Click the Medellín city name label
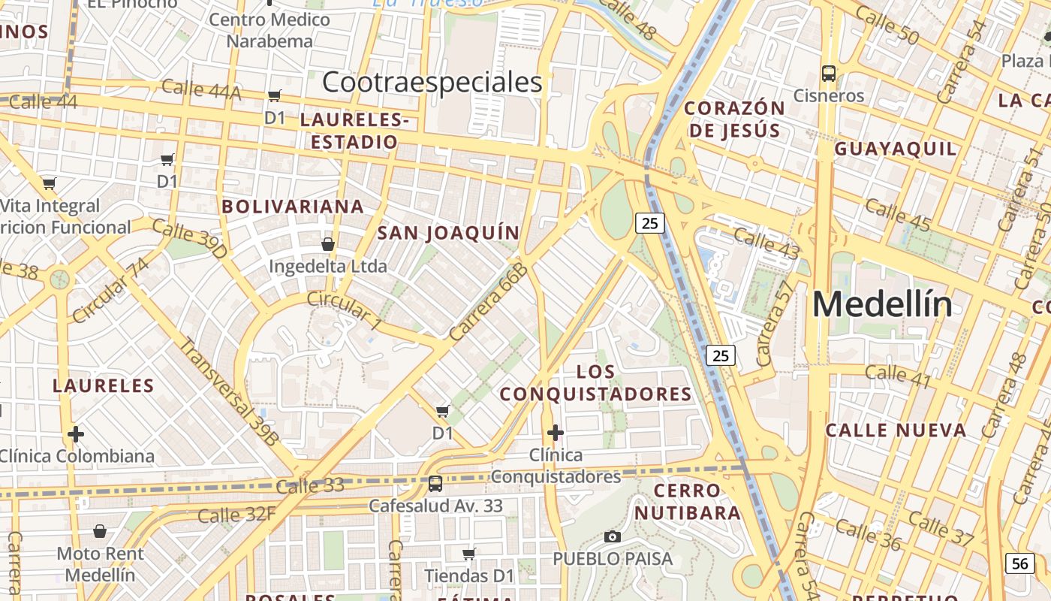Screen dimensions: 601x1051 pyautogui.click(x=882, y=304)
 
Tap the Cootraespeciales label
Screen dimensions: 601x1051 pyautogui.click(x=432, y=83)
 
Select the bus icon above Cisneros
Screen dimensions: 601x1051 pyautogui.click(x=829, y=74)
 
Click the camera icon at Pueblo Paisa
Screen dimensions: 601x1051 pyautogui.click(x=613, y=536)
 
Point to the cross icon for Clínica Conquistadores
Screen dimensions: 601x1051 pyautogui.click(x=556, y=433)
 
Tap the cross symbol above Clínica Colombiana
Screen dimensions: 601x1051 pyautogui.click(x=76, y=434)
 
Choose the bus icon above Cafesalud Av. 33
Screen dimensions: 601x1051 pyautogui.click(x=435, y=483)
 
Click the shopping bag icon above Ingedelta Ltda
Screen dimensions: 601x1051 pyautogui.click(x=328, y=244)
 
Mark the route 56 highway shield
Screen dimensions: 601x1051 pyautogui.click(x=1019, y=563)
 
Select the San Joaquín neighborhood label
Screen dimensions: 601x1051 pyautogui.click(x=448, y=233)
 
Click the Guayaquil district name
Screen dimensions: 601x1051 pyautogui.click(x=896, y=149)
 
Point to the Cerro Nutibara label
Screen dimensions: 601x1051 pyautogui.click(x=688, y=502)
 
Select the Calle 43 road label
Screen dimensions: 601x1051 pyautogui.click(x=766, y=243)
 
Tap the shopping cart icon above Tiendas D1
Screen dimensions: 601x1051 pyautogui.click(x=469, y=554)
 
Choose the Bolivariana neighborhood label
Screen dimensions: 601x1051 pyautogui.click(x=293, y=207)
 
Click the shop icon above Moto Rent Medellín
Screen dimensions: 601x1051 pyautogui.click(x=100, y=532)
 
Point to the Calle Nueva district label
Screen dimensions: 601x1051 pyautogui.click(x=896, y=430)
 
